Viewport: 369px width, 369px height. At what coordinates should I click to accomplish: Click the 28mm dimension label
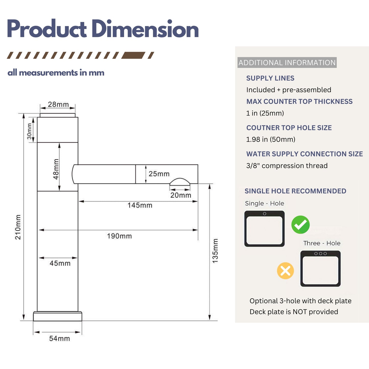point(58,104)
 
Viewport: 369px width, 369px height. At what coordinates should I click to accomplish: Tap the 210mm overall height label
point(18,227)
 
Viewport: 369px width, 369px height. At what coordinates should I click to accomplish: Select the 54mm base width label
point(59,338)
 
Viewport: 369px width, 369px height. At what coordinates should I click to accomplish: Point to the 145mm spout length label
point(140,205)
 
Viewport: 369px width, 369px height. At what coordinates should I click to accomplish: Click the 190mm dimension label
point(119,236)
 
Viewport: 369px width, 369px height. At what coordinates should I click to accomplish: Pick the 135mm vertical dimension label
point(215,251)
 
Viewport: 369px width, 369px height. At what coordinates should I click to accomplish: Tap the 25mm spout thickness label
point(159,174)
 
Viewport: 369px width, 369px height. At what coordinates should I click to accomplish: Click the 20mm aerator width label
point(181,195)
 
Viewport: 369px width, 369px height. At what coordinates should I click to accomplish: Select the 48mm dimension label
point(56,169)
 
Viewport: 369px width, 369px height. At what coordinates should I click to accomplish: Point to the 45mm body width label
point(60,263)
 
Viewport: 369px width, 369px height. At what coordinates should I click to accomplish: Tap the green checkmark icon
point(300,225)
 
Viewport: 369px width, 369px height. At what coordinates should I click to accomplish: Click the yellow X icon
point(285,271)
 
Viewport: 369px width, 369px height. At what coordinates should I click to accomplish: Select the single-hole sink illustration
point(264,229)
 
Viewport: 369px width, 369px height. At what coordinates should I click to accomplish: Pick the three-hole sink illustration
point(320,268)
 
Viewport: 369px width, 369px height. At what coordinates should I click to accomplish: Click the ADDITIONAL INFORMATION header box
point(287,63)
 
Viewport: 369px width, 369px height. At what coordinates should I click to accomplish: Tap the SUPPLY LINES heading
point(270,78)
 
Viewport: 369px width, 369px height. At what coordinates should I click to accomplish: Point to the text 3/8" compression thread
point(287,166)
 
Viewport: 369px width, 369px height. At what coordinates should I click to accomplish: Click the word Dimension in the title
point(145,29)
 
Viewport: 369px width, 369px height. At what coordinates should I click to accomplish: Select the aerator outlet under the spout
point(180,181)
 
